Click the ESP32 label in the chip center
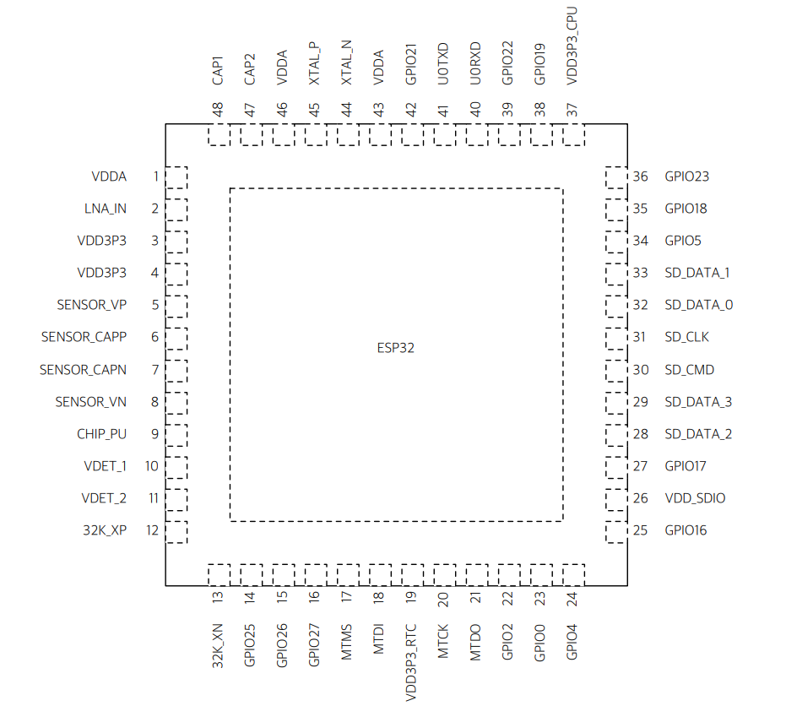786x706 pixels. [396, 347]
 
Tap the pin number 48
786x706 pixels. [219, 110]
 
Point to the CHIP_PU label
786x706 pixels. [101, 434]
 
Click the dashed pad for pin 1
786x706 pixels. [176, 177]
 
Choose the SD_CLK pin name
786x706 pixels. [686, 337]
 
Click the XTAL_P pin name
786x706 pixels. [314, 63]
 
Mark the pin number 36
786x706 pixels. [641, 176]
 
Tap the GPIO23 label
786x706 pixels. [686, 176]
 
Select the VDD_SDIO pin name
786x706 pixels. [695, 498]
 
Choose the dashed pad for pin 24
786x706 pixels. [573, 575]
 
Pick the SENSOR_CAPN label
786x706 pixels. [83, 370]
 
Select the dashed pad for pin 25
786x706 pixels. [615, 531]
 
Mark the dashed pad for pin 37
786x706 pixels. [573, 134]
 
